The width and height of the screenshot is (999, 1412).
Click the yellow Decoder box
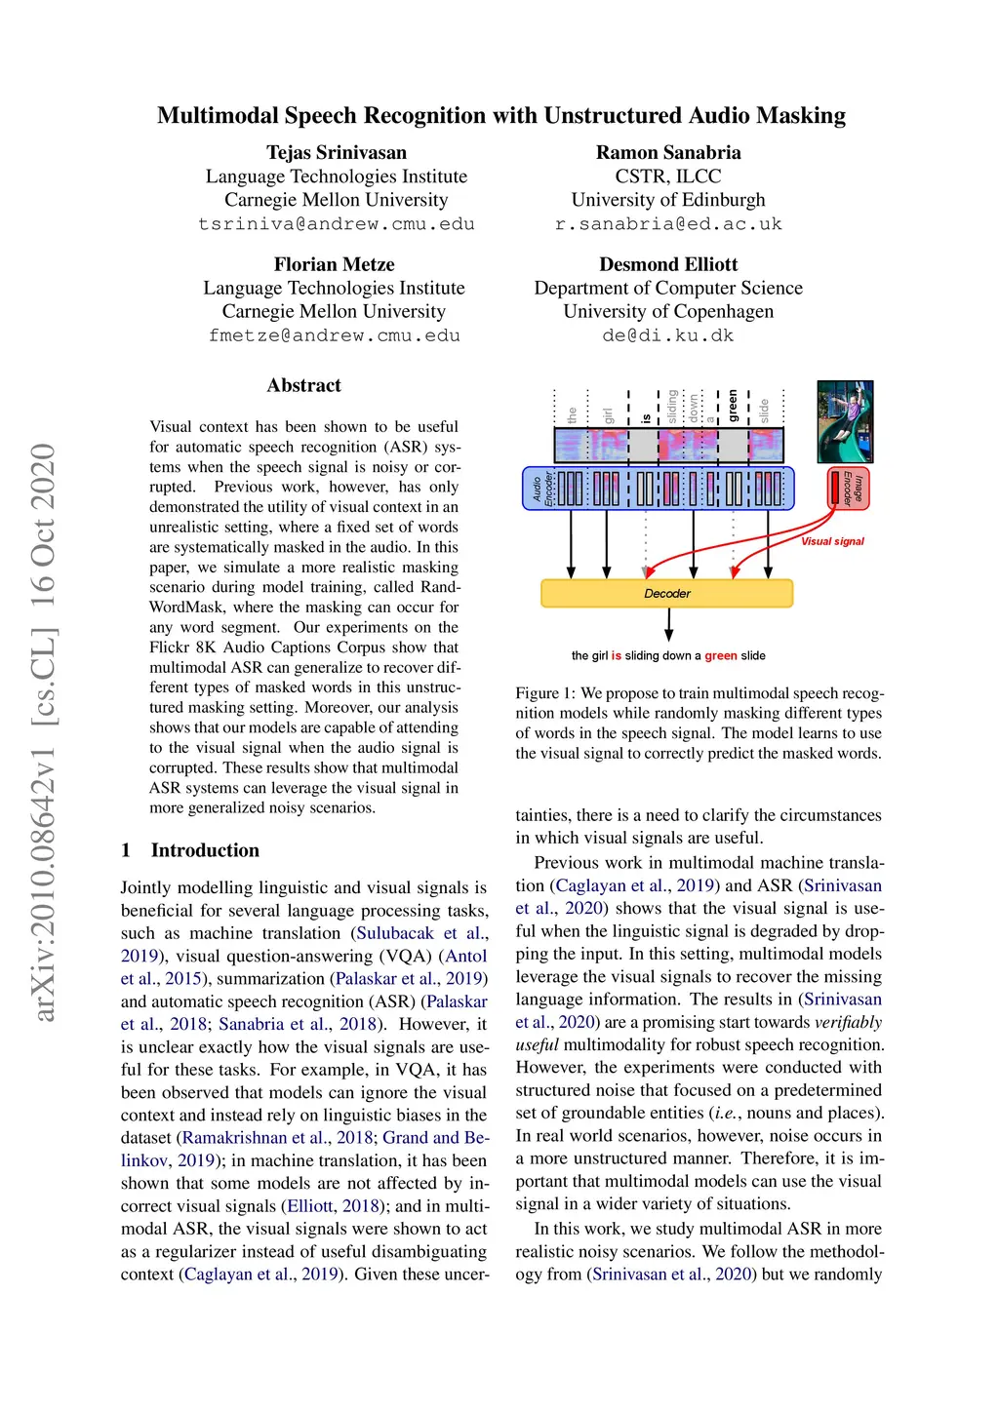coord(666,593)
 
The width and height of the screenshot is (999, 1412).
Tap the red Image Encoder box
coord(848,488)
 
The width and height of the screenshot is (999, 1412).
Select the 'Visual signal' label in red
coord(832,541)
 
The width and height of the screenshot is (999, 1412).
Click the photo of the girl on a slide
coord(845,421)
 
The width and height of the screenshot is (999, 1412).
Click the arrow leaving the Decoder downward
coord(668,624)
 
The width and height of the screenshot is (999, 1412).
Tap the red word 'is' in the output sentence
coord(616,656)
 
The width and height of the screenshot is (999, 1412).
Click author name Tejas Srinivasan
coord(337,152)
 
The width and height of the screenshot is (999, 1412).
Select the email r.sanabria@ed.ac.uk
coord(668,224)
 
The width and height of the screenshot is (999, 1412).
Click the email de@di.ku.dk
coord(668,335)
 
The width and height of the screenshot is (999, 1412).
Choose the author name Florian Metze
coord(334,264)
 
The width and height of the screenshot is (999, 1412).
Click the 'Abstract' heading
coord(303,385)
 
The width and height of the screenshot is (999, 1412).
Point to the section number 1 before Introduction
coord(126,850)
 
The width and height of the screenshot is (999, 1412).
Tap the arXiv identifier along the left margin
coord(44,731)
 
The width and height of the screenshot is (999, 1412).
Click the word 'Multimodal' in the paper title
coord(218,115)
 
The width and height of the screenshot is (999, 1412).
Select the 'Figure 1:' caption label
coord(545,693)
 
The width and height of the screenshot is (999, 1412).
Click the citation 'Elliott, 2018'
coord(334,1206)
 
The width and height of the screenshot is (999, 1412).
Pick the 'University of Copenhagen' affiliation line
coord(668,311)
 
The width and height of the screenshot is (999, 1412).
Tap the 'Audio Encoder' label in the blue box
coord(542,488)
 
